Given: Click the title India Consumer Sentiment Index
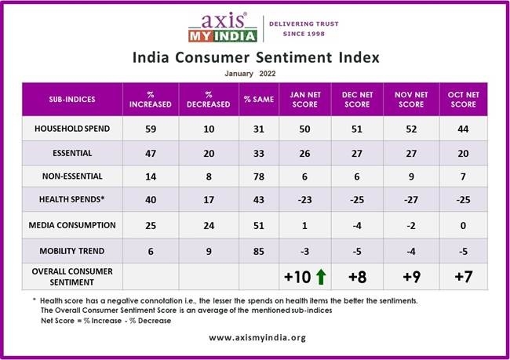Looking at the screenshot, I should pyautogui.click(x=255, y=57).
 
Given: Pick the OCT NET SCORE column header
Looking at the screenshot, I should pyautogui.click(x=462, y=99).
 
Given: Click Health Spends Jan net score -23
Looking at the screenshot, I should pyautogui.click(x=304, y=201).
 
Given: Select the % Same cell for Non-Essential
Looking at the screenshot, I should pyautogui.click(x=258, y=177).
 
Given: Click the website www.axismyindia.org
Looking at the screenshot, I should pyautogui.click(x=254, y=337).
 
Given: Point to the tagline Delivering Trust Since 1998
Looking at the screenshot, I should pyautogui.click(x=304, y=28).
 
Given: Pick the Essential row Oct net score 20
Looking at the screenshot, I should pyautogui.click(x=462, y=153).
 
